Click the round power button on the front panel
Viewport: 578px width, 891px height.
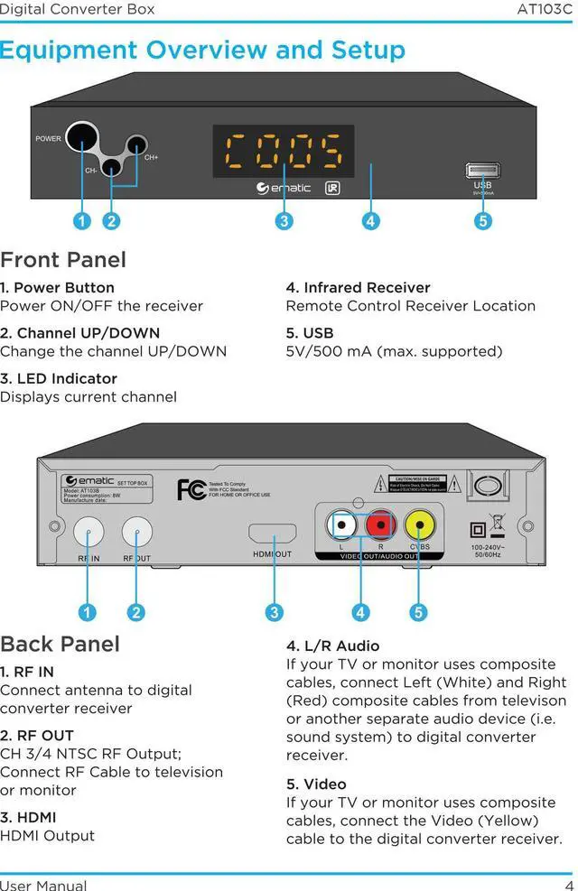tap(81, 138)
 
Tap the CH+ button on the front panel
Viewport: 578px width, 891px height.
tap(136, 144)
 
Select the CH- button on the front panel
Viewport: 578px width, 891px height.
tap(111, 167)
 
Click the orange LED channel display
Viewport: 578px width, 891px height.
tap(284, 151)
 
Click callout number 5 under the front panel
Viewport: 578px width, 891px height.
tap(483, 220)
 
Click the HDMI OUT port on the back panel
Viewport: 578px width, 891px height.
tap(272, 534)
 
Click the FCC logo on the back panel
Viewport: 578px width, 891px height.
tap(191, 490)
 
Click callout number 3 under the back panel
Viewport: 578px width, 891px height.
tap(275, 612)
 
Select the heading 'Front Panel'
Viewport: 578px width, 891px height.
tap(63, 260)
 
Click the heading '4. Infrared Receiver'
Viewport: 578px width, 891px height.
tap(359, 288)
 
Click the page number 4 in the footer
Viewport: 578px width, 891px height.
tap(569, 885)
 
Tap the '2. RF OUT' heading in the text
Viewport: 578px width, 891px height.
tap(37, 736)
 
